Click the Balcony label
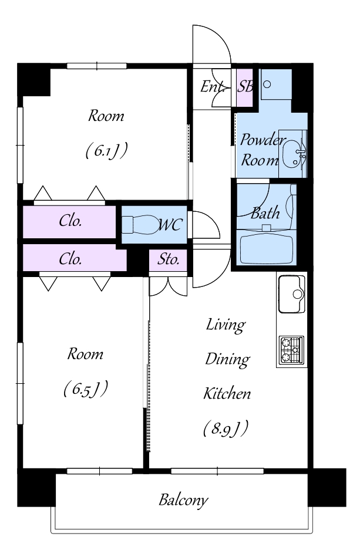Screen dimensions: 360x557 click(x=183, y=500)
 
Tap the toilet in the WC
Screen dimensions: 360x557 click(x=140, y=225)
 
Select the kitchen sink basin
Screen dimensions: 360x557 click(x=292, y=294)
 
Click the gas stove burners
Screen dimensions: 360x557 click(x=291, y=350)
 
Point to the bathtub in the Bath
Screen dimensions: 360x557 click(x=267, y=247)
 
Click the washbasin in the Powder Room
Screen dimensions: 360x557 click(x=294, y=153)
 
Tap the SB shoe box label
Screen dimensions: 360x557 click(x=245, y=86)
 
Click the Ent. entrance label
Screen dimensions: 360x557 click(x=213, y=86)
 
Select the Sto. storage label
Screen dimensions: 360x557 click(x=168, y=259)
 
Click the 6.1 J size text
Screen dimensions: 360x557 click(x=106, y=151)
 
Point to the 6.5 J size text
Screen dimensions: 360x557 click(x=85, y=389)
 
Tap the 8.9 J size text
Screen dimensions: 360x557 click(x=226, y=428)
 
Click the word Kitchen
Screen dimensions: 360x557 click(x=227, y=394)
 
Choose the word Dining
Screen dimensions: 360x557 click(x=227, y=359)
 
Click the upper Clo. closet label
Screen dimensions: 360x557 click(x=70, y=221)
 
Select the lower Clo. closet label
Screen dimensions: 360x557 click(x=70, y=259)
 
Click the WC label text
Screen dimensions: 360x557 click(x=170, y=225)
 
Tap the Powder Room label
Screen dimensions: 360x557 click(x=261, y=150)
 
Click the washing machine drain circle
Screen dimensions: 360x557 click(x=267, y=84)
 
